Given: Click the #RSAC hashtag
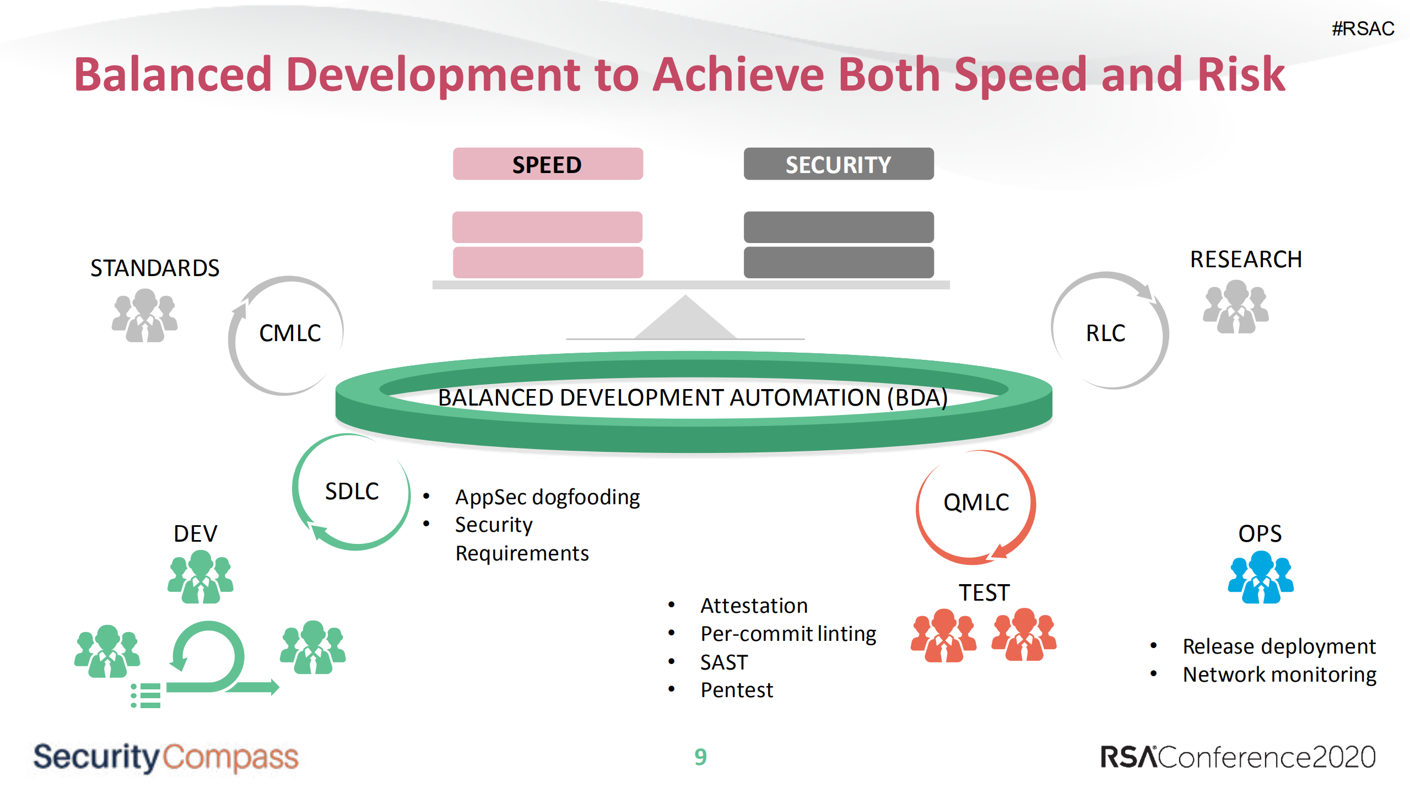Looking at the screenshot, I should point(1362,29).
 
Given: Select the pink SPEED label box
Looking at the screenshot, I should point(547,164).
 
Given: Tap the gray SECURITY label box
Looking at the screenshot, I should point(838,164).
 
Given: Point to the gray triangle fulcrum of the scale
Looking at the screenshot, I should point(685,320).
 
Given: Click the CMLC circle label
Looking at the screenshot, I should point(290,333).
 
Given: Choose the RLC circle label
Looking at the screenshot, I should point(1105,333).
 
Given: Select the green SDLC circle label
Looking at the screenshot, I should point(352,492).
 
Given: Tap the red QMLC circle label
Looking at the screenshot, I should point(976,503).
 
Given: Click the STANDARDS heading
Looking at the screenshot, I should point(155,268).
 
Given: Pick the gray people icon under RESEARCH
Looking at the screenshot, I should point(1235,307).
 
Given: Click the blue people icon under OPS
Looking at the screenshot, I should point(1260,578).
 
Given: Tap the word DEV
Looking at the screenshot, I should point(195,533).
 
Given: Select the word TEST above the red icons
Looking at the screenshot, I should point(984,593).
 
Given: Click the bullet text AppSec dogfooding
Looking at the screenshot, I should point(547,497).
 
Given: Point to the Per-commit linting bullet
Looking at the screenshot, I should point(788,634).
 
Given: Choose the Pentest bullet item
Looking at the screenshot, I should point(737,690).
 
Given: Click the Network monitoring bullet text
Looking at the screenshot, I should point(1279,675).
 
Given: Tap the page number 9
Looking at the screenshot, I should point(700,757).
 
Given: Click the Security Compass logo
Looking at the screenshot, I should point(165,757).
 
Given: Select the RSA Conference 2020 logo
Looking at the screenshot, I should point(1238,757).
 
